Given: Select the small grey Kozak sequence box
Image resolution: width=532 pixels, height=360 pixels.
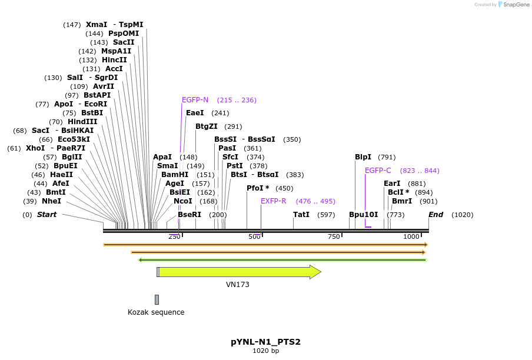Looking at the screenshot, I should (157, 299).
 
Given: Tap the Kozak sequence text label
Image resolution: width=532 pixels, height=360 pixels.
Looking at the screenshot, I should (156, 312).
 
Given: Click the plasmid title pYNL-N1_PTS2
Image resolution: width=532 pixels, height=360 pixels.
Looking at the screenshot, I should (265, 342).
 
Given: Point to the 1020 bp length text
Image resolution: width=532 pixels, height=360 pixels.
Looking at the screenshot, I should (265, 351).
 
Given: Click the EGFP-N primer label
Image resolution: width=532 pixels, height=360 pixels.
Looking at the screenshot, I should (195, 100).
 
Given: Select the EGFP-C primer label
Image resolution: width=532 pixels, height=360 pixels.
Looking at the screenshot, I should (378, 171).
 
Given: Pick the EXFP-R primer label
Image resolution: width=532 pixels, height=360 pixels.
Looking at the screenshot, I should (273, 201).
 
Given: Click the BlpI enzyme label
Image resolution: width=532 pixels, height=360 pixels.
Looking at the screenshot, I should (363, 157).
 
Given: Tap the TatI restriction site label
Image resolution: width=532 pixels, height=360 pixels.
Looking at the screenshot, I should (301, 215).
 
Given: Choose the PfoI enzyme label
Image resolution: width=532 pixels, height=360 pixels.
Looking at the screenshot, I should (258, 188).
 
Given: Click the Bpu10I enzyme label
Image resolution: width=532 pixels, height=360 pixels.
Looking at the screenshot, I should (363, 215).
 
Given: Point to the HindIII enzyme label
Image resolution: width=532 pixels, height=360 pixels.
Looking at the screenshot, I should (82, 122).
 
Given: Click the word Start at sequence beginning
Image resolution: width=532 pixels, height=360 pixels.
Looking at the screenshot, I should (46, 215).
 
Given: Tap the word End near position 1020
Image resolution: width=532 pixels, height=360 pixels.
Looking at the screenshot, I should (435, 215).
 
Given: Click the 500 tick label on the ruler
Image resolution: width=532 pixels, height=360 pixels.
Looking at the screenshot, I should (254, 236).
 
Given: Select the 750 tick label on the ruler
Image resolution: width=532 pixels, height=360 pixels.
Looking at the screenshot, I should (334, 236).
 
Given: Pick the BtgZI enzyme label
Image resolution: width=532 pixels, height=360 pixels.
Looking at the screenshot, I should (207, 126).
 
